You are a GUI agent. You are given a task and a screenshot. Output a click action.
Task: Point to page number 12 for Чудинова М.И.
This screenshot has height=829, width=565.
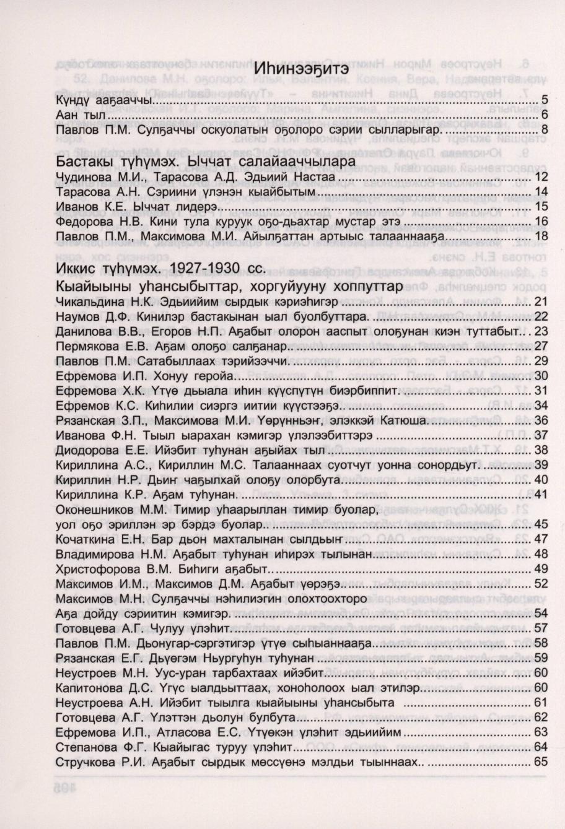pos(540,178)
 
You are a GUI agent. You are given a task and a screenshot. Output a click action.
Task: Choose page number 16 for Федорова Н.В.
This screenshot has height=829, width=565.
pos(540,221)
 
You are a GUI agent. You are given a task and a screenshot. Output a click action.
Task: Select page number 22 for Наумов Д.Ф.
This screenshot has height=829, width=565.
pos(540,317)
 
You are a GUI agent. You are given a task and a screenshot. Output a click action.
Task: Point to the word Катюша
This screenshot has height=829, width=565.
pos(400,420)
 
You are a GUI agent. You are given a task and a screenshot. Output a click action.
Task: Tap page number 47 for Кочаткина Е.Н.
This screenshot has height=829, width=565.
pos(540,538)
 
